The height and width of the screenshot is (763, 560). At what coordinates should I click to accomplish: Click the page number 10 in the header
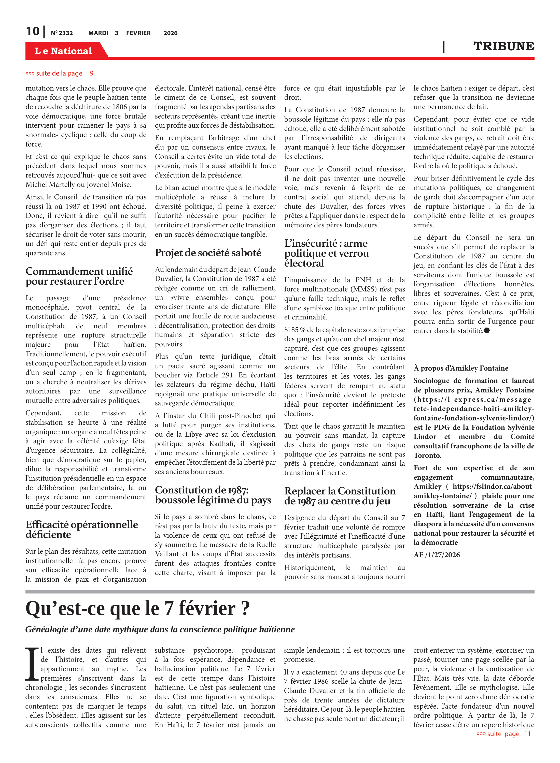33,32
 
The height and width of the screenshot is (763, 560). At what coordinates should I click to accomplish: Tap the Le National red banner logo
63,51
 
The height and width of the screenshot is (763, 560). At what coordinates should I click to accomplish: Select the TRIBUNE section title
503,46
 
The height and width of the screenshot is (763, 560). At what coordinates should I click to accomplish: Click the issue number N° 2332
62,33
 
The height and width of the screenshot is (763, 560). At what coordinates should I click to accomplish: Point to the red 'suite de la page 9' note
59,73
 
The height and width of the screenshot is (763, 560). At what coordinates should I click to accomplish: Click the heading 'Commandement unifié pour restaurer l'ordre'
79,276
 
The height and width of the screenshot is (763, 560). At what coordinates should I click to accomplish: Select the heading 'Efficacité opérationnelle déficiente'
82,529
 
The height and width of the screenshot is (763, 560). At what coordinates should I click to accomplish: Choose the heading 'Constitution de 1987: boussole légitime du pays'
213,495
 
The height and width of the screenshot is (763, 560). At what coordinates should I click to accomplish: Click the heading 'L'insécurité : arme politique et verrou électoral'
326,253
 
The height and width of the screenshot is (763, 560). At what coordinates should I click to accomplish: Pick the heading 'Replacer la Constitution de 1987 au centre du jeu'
340,496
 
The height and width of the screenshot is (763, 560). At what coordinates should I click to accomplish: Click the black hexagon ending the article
487,331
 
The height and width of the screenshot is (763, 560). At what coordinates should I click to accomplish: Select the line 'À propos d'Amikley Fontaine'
461,368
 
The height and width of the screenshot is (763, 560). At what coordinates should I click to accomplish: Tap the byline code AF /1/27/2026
437,555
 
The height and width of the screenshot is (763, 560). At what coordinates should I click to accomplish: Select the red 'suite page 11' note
503,734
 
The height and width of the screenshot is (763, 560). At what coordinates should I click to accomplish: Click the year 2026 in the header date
170,33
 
